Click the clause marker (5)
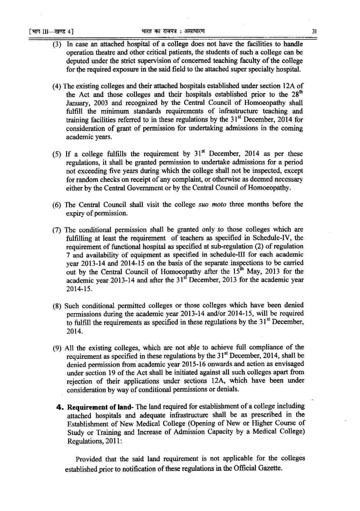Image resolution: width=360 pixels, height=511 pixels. point(57,154)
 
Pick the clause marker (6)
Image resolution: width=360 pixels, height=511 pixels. point(57,205)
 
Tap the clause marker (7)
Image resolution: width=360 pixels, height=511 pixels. point(57,230)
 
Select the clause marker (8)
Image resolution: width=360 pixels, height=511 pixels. point(57,306)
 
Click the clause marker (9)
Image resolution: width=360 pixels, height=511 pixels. point(57,348)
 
